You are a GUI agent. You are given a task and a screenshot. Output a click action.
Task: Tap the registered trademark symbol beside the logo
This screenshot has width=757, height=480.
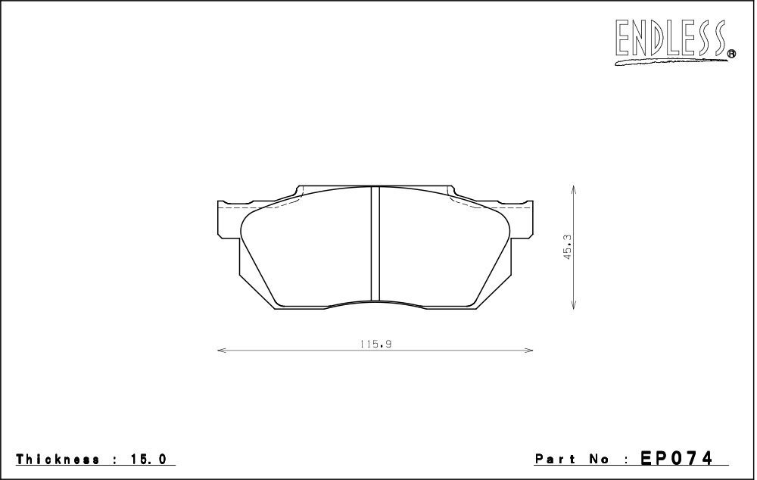pos(731,54)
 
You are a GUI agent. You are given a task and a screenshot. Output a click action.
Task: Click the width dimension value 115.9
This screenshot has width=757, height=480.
pos(375,344)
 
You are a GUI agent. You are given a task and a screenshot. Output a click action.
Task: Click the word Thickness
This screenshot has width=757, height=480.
pos(58,459)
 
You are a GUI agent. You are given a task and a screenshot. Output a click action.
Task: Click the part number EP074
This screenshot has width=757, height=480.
pos(676,457)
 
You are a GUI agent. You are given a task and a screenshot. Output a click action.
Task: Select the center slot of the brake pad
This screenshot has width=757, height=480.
pos(375,244)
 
